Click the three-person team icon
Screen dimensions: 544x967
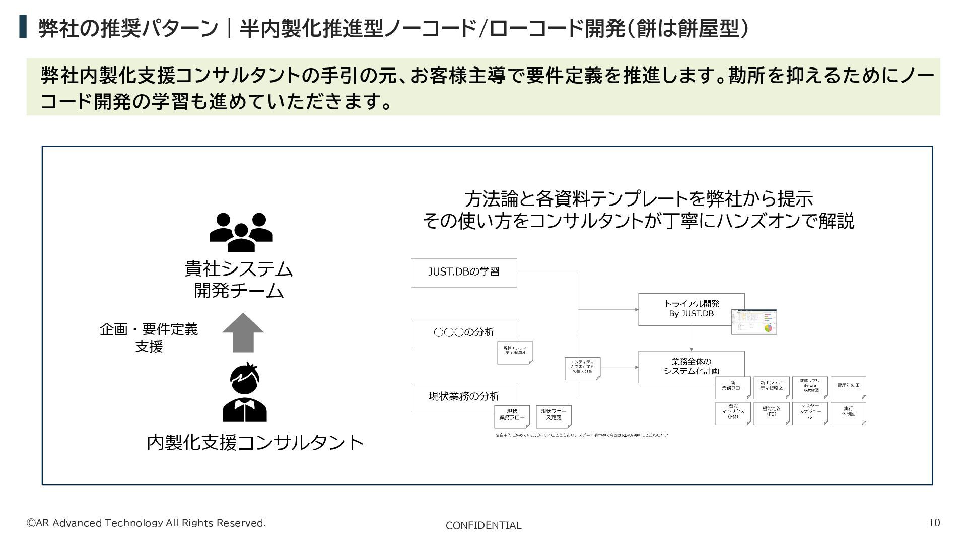[x=241, y=232]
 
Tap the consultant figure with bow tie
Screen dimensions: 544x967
[x=244, y=392]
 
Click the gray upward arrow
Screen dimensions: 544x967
[x=243, y=332]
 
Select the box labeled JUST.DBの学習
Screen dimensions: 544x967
[x=464, y=273]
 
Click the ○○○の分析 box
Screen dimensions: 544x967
[x=464, y=333]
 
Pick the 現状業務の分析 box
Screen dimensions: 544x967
[x=464, y=397]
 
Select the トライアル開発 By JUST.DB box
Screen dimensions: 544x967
[x=691, y=309]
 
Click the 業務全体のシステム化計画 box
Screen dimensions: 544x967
[x=691, y=366]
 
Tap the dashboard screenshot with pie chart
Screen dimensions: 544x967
[x=754, y=321]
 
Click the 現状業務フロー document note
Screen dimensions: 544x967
[x=512, y=416]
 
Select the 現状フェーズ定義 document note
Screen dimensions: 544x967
[x=554, y=416]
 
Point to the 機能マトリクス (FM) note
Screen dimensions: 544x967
[x=733, y=413]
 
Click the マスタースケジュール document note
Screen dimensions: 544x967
[x=809, y=413]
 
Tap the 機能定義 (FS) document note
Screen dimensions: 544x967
[x=771, y=413]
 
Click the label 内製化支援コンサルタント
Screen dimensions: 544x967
[x=255, y=443]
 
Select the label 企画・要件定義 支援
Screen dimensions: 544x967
[x=149, y=337]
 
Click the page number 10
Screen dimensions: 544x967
[x=934, y=523]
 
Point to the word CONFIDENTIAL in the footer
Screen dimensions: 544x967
[x=483, y=525]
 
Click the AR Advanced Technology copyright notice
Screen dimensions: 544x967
[x=146, y=523]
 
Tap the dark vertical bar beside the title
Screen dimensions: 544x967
[x=23, y=27]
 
